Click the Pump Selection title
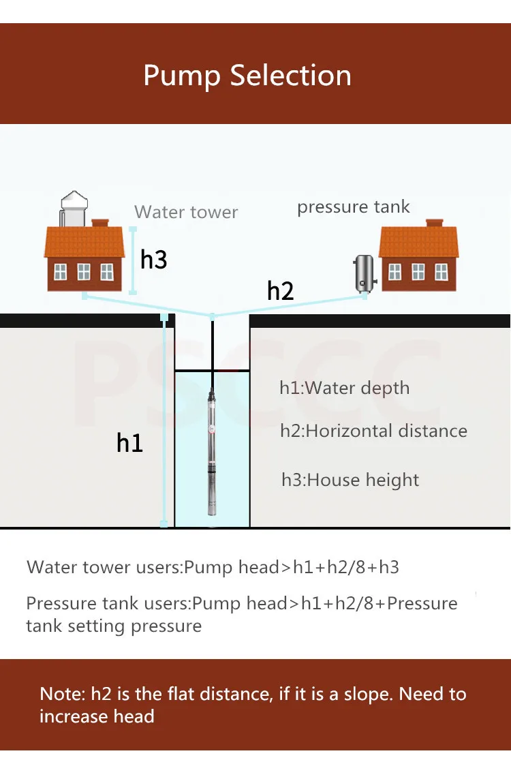247,76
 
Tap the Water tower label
186,212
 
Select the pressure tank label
354,207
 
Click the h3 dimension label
153,260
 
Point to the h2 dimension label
280,290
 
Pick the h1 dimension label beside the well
129,442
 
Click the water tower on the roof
74,208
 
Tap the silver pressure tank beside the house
365,273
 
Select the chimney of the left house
100,223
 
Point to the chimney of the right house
434,223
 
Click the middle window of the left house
84,271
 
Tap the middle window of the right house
418,271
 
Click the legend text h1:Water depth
345,388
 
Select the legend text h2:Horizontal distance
374,431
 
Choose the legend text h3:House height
350,480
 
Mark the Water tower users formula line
213,567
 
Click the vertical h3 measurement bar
133,260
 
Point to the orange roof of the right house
419,242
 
